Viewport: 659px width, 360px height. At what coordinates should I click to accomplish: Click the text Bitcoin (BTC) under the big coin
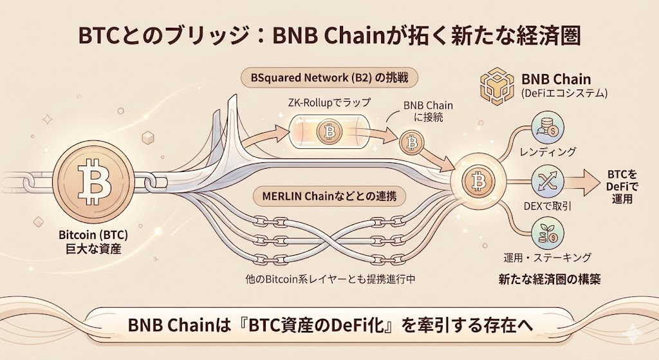88,235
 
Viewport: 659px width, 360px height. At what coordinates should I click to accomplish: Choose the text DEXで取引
548,205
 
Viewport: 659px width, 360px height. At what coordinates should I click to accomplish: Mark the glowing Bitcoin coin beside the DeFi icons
478,181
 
